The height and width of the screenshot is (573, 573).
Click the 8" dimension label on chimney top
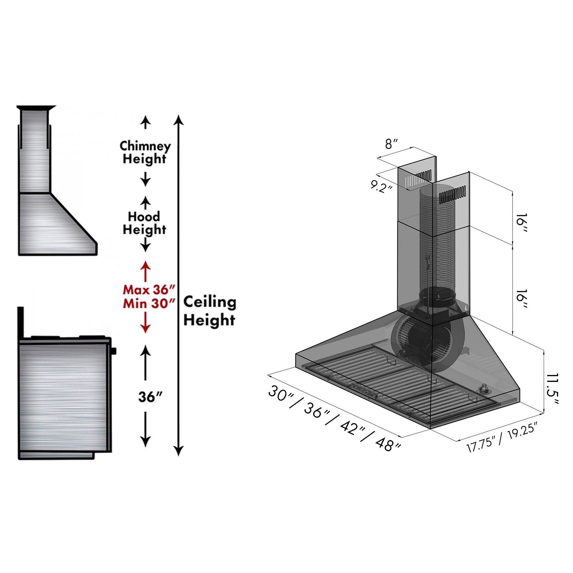click(391, 144)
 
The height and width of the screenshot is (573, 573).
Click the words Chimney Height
click(145, 152)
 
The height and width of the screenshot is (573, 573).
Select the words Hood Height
click(144, 223)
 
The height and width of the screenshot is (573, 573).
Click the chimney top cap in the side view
click(36, 107)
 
